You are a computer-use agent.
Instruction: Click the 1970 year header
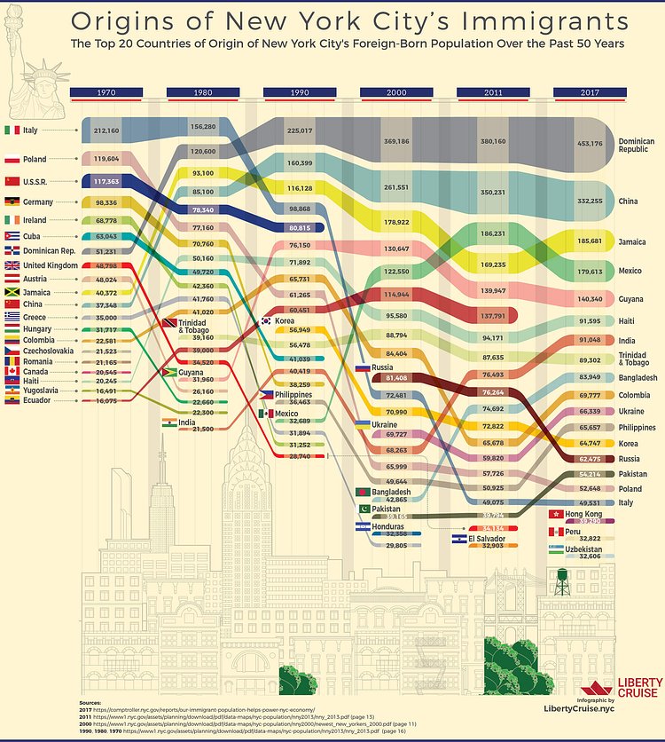pyautogui.click(x=106, y=91)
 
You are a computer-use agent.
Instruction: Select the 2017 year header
pyautogui.click(x=590, y=91)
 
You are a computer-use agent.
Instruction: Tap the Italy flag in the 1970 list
pyautogui.click(x=12, y=130)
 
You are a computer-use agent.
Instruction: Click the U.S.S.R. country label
pyautogui.click(x=41, y=182)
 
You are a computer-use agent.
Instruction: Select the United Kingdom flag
pyautogui.click(x=12, y=265)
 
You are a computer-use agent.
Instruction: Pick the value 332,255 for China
pyautogui.click(x=590, y=201)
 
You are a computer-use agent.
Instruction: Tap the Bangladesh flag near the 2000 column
pyautogui.click(x=362, y=491)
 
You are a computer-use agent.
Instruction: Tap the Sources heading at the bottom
pyautogui.click(x=94, y=703)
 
